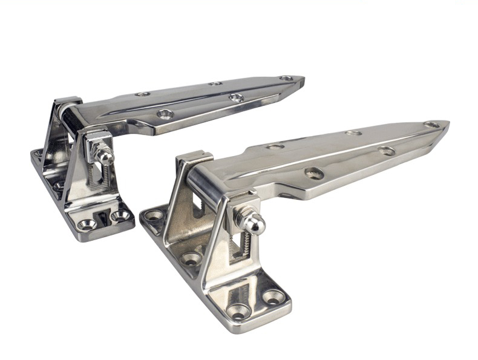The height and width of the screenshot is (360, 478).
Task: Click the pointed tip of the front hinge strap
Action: [x=447, y=125]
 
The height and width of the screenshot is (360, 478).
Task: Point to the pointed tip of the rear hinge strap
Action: [x=302, y=79]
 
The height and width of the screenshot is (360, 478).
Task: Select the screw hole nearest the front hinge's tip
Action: [x=431, y=125]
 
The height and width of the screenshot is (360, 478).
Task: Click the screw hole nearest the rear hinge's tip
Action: [x=286, y=78]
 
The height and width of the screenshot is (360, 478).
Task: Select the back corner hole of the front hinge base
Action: [x=154, y=215]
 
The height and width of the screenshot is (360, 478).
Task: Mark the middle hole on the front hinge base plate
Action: [x=191, y=258]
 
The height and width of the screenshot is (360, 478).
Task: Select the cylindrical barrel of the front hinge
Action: [x=206, y=187]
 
